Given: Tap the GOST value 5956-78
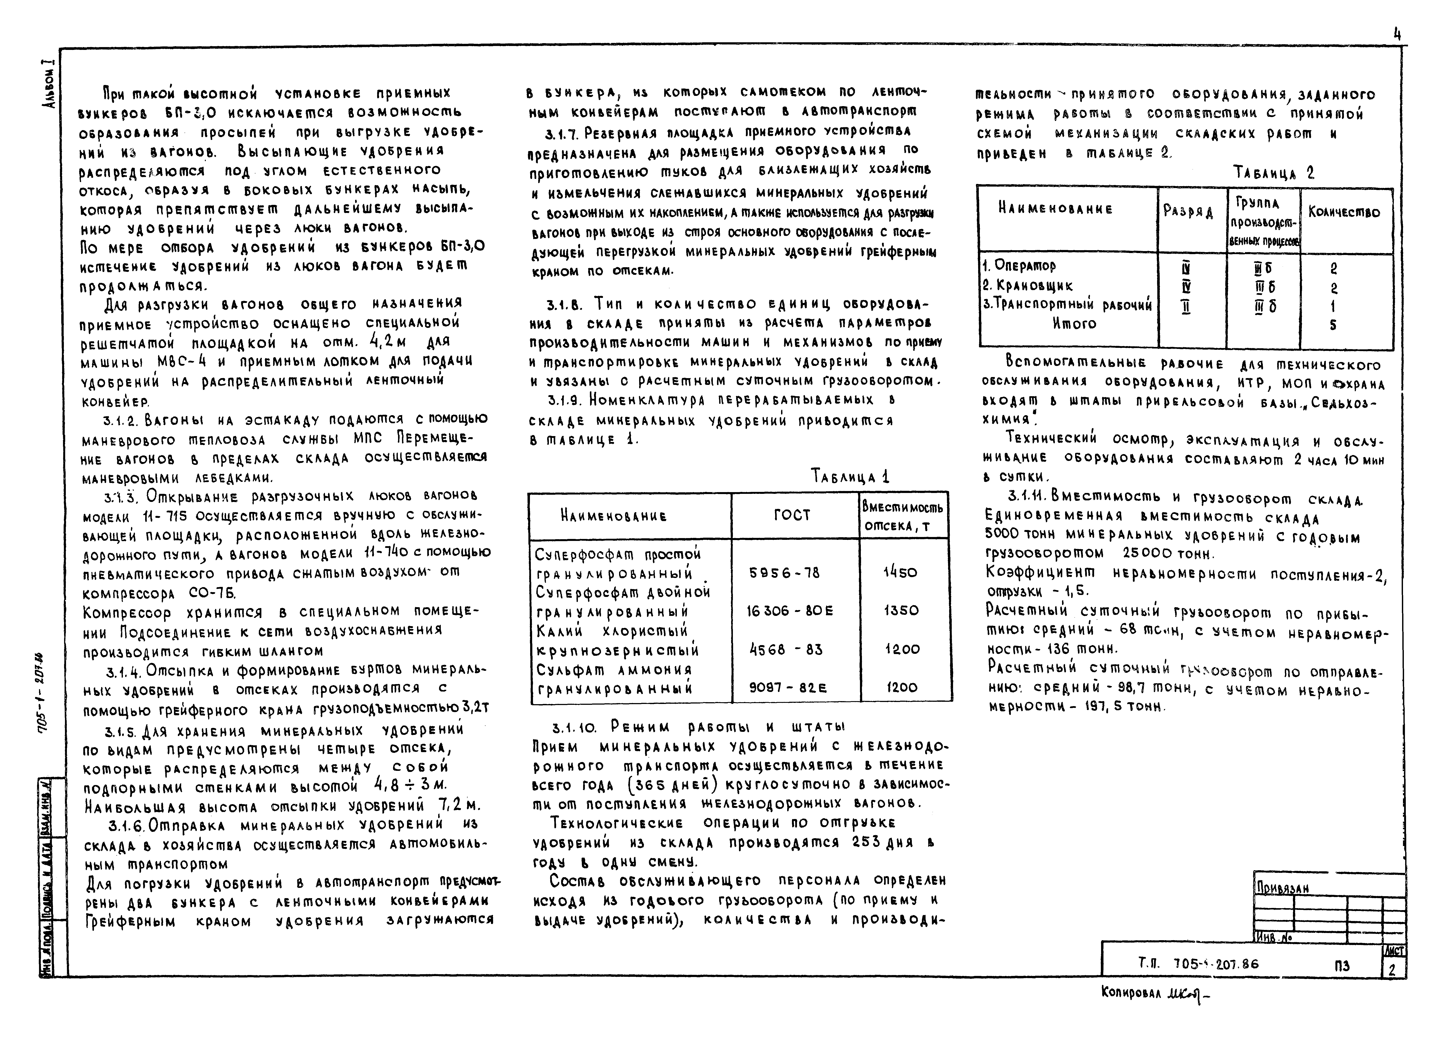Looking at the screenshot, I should coord(785,573).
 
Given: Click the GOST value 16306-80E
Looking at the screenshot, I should coord(790,611).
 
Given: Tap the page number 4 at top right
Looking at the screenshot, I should coord(1397,35).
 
